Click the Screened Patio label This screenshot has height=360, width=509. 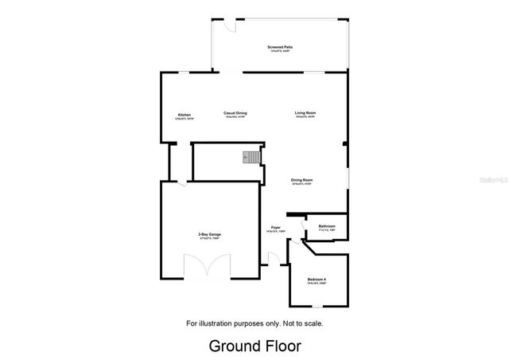[279, 48]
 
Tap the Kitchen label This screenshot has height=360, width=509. [185, 115]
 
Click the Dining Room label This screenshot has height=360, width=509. [301, 180]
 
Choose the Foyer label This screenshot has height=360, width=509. [275, 229]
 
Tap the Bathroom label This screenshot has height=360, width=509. [327, 226]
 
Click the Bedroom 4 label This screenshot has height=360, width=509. [317, 278]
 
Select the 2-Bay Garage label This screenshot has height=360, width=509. [210, 234]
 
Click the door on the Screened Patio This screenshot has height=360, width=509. [228, 25]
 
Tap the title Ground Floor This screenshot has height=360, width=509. [254, 346]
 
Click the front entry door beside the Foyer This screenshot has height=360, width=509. [273, 259]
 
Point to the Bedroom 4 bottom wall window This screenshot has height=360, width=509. [317, 305]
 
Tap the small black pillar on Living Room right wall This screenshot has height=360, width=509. [344, 144]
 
